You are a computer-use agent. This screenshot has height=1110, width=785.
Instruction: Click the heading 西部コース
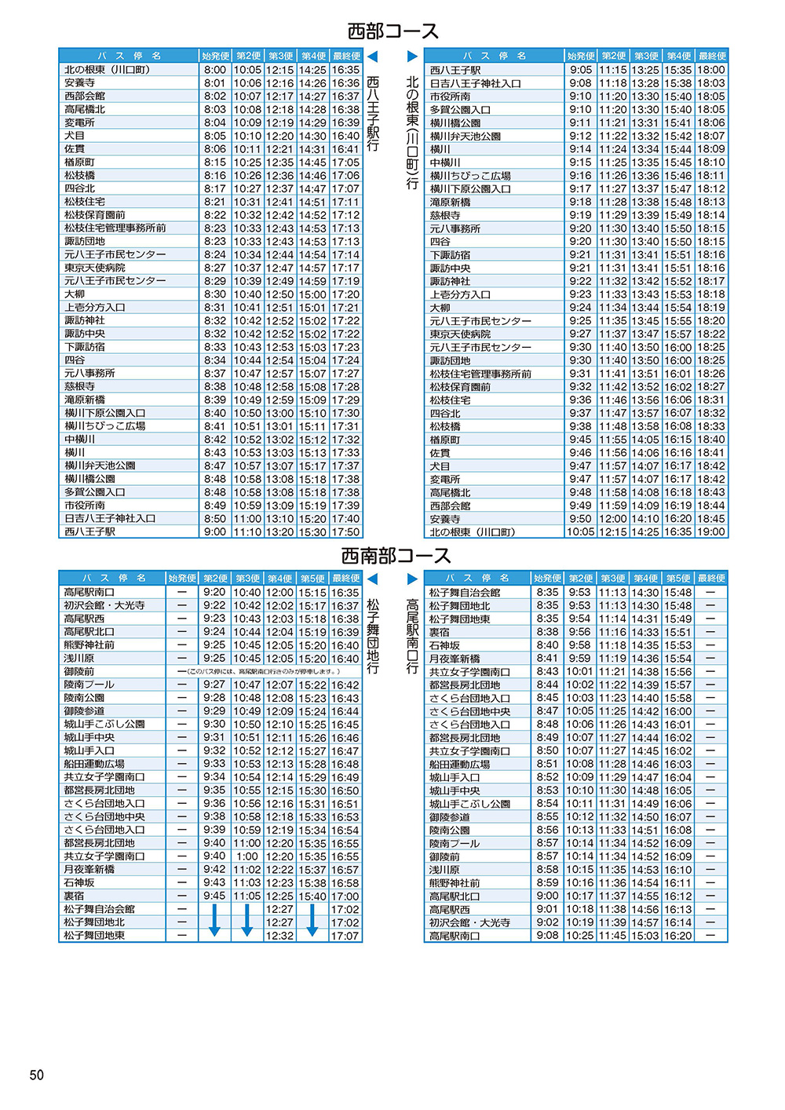pos(392,31)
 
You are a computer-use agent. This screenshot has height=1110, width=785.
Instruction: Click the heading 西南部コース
pos(396,556)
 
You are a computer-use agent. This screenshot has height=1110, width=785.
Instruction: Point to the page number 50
pos(37,1075)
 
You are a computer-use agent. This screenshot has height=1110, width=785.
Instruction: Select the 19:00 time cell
pos(711,531)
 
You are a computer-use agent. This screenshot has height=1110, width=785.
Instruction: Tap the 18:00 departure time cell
pos(711,70)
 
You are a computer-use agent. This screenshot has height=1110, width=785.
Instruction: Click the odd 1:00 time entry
pos(247,856)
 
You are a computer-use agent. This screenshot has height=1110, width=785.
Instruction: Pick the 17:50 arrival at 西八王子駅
pos(345,531)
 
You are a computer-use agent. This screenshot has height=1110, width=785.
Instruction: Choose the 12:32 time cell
pos(279,936)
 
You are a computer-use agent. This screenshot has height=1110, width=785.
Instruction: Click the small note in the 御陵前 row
pos(259,672)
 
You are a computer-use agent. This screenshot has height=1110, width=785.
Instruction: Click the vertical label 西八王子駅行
pos(373,114)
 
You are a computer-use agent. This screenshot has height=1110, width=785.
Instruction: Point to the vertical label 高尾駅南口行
pos(413,636)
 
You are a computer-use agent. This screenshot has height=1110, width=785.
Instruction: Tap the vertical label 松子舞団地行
pos(373,636)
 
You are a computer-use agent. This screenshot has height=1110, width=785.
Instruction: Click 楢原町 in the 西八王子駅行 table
pos(80,162)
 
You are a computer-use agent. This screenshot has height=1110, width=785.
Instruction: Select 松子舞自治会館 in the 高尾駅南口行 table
pos(465,593)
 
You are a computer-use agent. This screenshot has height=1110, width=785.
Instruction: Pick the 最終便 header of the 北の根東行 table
pos(712,56)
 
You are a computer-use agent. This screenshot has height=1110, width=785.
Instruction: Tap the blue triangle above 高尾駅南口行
pos(413,579)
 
